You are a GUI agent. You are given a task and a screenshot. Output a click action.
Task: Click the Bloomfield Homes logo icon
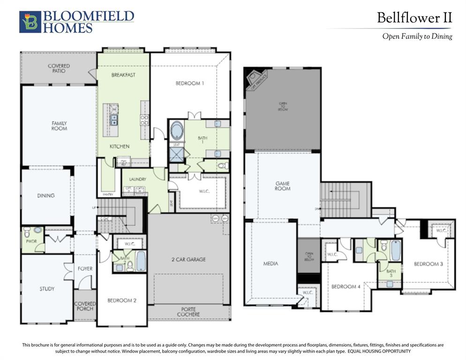30,22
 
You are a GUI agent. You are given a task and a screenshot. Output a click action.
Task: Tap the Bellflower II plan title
414,18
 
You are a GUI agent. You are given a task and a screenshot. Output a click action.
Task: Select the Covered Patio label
59,69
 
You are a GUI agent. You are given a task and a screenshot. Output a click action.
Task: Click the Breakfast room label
123,75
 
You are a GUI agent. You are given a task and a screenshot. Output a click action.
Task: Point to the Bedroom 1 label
190,83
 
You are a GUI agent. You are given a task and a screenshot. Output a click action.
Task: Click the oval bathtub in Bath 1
177,130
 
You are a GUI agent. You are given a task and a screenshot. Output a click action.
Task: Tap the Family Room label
59,126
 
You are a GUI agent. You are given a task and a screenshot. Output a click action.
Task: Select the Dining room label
46,195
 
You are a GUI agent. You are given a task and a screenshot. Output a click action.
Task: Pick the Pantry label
108,195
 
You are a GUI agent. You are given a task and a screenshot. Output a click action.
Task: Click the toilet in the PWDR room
27,232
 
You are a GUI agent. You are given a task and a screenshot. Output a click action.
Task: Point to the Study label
47,289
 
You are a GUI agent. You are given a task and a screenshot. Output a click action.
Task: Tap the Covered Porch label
85,306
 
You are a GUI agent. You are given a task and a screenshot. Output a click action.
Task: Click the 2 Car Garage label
188,259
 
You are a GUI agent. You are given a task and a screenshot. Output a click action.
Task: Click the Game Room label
283,186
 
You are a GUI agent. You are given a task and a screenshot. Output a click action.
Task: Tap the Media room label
271,263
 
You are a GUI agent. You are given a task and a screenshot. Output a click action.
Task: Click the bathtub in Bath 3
396,251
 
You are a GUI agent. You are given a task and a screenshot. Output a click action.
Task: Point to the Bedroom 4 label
346,286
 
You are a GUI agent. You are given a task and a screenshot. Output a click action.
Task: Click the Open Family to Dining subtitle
417,36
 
